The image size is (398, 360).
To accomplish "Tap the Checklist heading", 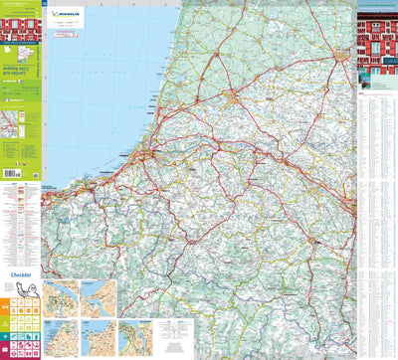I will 23,270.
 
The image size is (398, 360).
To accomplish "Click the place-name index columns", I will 376,199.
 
